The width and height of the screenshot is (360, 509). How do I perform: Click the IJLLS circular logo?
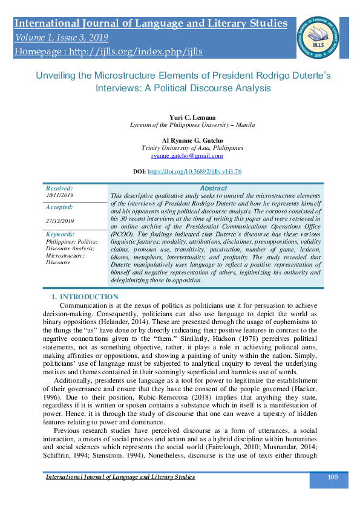tap(317, 35)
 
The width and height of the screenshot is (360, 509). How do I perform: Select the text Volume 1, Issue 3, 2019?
tap(64, 37)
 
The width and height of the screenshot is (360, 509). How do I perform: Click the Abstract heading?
tap(214, 189)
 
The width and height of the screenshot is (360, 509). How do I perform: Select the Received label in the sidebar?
tap(59, 189)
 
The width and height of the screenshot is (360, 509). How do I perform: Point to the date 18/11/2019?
tap(59, 196)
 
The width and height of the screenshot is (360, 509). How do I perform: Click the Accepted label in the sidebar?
tap(60, 207)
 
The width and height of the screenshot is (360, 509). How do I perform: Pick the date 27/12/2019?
tap(60, 221)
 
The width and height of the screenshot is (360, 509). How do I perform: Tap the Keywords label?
tap(61, 234)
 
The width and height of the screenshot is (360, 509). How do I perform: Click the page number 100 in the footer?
tap(332, 478)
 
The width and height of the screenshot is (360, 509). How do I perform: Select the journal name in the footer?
tap(121, 477)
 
